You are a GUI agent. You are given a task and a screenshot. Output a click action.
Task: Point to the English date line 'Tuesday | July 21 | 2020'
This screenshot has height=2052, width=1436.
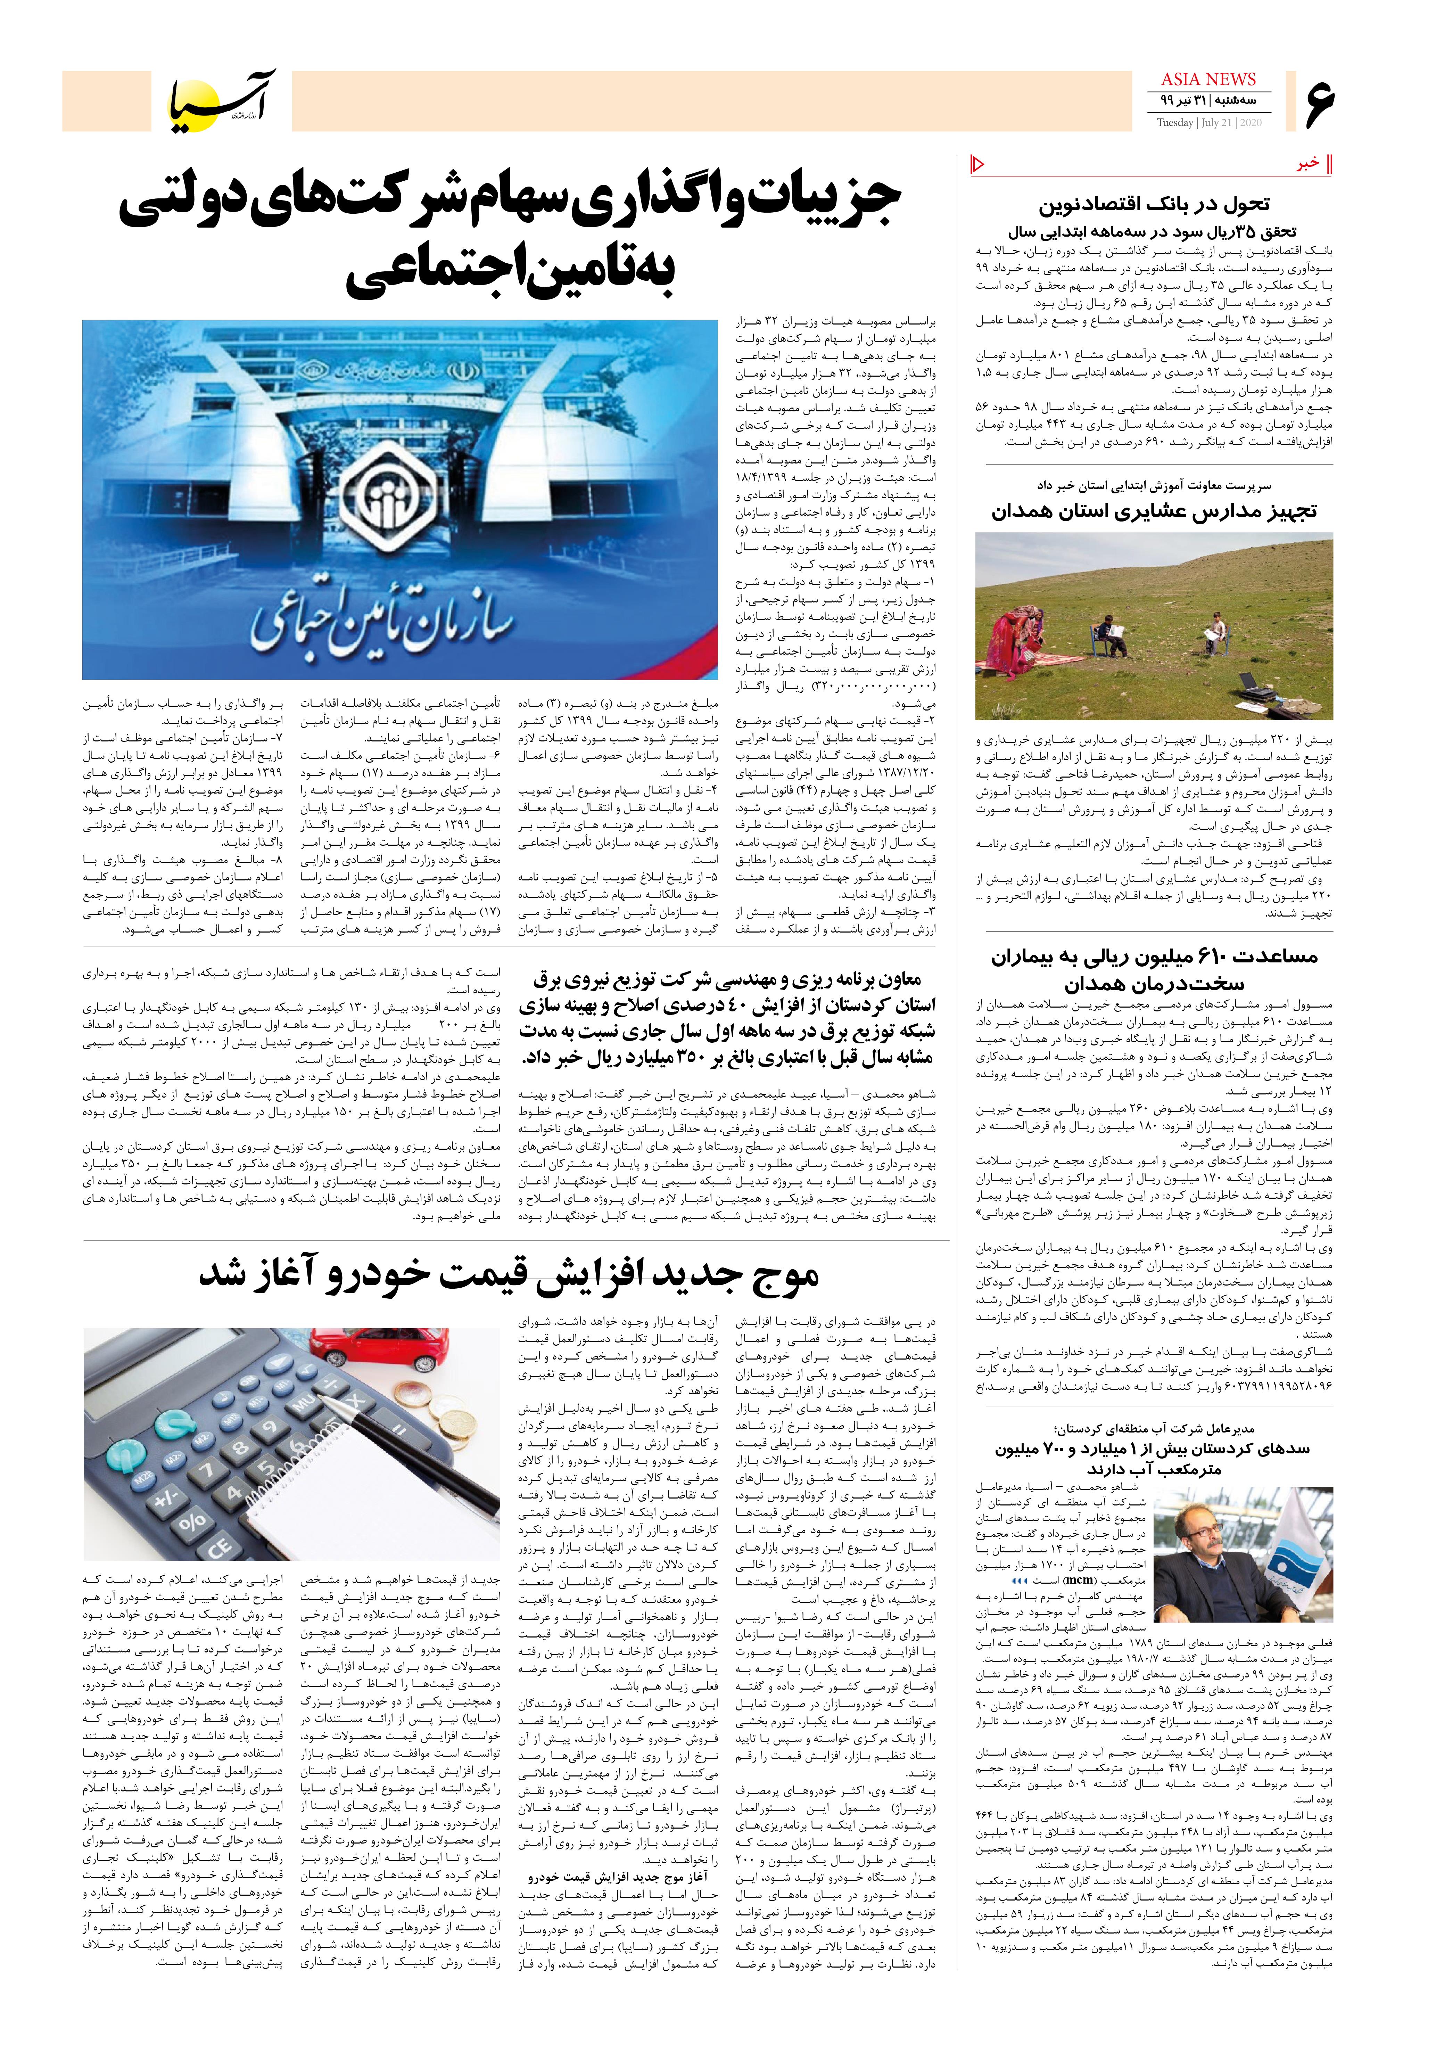pyautogui.click(x=1208, y=122)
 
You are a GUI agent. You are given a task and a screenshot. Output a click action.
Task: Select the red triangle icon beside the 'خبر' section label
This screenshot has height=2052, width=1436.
pyautogui.click(x=977, y=164)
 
